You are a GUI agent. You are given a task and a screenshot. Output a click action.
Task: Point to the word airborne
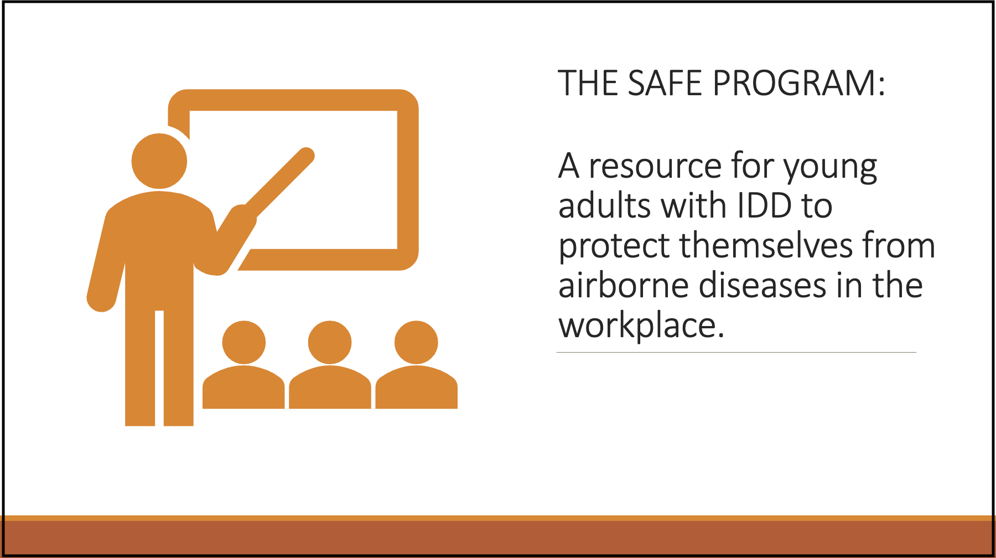point(623,286)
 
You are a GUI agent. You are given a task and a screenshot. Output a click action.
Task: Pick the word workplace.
point(641,325)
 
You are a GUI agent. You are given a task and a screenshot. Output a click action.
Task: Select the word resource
point(655,166)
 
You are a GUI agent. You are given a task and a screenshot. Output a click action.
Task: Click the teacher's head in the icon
point(159,161)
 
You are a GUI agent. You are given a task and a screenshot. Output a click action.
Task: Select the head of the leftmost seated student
point(244,342)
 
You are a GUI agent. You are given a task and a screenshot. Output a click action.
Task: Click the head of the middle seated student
point(330,342)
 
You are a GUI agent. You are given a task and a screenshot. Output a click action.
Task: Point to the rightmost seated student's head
point(416,342)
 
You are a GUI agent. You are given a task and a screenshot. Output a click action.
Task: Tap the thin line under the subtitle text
point(736,352)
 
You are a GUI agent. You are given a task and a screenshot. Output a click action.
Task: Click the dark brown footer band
point(498,538)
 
